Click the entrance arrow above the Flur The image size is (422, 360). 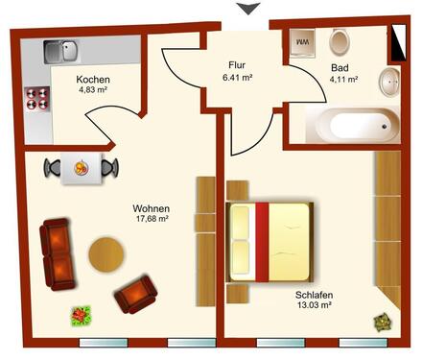point(248,9)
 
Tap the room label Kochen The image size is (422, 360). point(94,80)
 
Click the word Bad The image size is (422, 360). point(340,69)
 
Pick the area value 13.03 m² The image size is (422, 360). point(314,305)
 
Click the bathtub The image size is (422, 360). point(351,124)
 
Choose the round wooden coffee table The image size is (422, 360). point(106,254)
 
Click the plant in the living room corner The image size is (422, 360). point(80,313)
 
